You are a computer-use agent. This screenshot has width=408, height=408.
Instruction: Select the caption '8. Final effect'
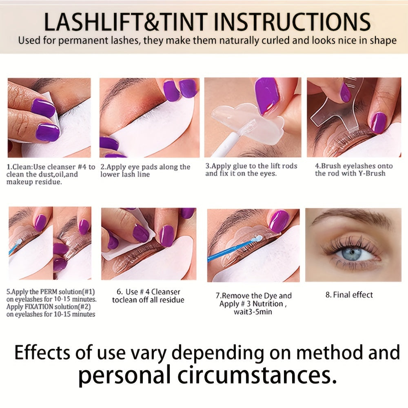[x=349, y=295]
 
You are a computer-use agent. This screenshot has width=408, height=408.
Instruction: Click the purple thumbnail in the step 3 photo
[x=267, y=95]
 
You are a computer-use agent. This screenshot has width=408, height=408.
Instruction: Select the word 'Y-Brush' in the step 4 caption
[x=372, y=173]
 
